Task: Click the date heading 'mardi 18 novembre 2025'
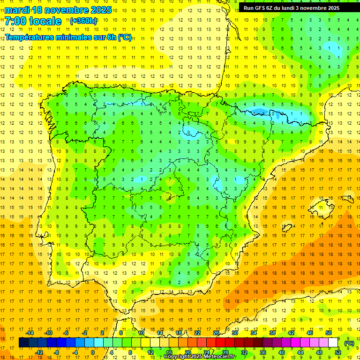58,10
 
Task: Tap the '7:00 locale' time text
33,21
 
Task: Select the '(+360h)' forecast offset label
83,21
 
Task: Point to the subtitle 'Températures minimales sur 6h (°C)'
68,37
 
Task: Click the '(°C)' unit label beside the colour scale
349,343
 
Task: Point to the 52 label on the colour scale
338,352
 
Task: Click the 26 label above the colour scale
216,333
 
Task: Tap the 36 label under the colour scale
262,352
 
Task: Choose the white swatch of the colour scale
333,343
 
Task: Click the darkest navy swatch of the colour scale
23,343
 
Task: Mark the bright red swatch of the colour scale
220,343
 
